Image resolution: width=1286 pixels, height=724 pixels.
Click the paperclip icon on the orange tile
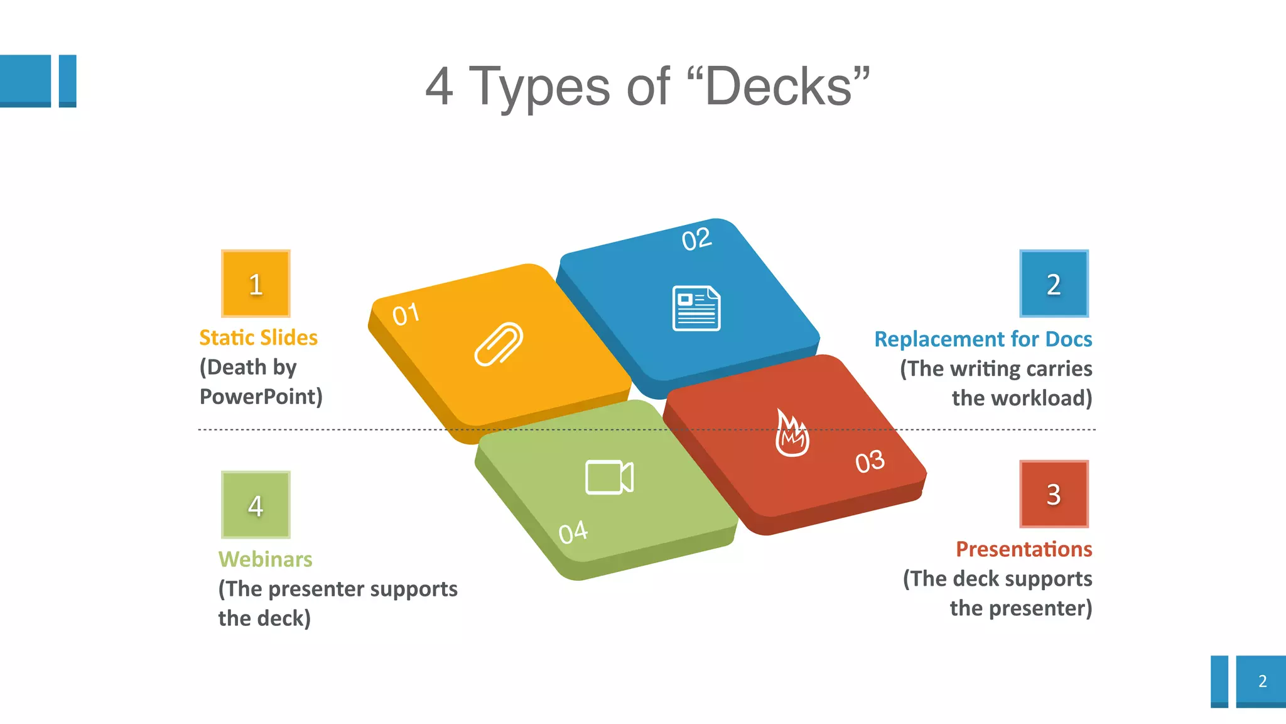coord(499,343)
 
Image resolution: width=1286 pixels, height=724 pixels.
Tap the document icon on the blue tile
coord(696,308)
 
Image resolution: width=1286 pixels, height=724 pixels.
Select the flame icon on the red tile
coord(792,433)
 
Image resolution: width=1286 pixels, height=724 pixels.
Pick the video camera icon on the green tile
coord(609,478)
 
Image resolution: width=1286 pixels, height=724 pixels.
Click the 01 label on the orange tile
coord(406,314)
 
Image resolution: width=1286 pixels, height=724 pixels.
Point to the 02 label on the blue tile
coord(696,239)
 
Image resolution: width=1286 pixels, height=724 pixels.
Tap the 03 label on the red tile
coord(870,462)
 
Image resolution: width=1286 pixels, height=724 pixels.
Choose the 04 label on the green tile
coord(573,533)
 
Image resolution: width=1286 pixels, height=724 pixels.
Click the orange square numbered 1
coord(256,283)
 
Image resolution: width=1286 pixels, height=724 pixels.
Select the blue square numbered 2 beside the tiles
coord(1054,283)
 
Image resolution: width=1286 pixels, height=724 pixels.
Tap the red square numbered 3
coord(1054,494)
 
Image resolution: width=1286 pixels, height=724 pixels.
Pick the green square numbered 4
coord(256,505)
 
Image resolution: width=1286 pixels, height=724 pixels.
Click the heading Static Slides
coord(258,337)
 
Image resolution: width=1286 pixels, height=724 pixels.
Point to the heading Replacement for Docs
coord(983,339)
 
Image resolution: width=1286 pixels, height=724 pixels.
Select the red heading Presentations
coord(1024,549)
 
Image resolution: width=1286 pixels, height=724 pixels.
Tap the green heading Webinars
coord(265,559)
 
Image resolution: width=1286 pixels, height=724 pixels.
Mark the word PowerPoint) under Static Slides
coord(261,397)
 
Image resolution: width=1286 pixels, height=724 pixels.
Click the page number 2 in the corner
coord(1262,681)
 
